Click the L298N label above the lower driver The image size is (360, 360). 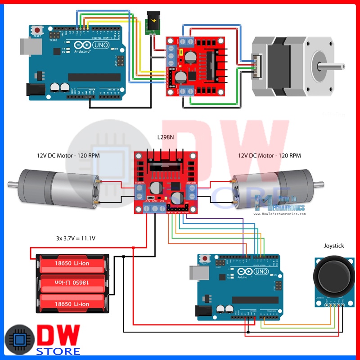(x=166, y=137)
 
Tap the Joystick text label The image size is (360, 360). (x=333, y=246)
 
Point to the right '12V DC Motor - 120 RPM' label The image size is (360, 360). (x=270, y=156)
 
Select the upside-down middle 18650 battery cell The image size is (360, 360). (x=72, y=282)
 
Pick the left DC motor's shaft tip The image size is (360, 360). (x=10, y=184)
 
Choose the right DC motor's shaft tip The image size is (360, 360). (x=321, y=183)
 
